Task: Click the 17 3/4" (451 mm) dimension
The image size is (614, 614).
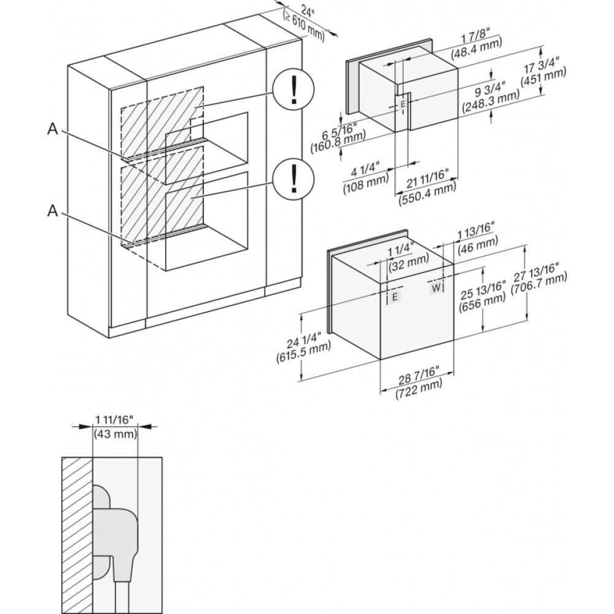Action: [543, 72]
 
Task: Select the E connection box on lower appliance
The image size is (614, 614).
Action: [395, 297]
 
